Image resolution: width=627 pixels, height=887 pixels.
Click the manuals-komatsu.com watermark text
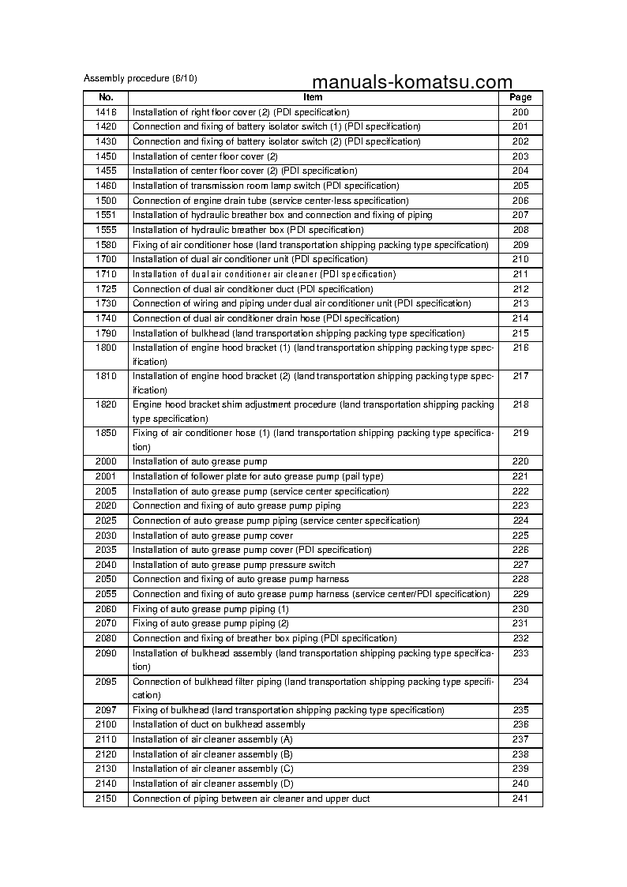click(412, 82)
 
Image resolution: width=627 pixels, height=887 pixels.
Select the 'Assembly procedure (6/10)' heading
click(141, 78)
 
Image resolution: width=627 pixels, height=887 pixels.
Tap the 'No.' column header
click(106, 97)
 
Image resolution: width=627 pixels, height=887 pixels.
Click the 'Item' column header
click(313, 97)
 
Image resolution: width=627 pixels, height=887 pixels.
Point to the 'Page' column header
click(520, 97)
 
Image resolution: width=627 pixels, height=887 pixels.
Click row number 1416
click(106, 112)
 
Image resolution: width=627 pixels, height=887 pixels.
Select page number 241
click(520, 799)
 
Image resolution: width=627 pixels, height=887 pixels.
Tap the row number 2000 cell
click(106, 461)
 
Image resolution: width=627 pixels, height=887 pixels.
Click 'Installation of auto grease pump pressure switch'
click(234, 565)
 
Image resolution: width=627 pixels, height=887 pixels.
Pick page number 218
click(520, 404)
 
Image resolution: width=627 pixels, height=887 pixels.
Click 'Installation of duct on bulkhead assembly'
click(219, 724)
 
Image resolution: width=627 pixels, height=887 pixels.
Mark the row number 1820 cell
click(106, 404)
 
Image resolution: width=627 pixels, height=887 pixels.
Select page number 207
click(520, 215)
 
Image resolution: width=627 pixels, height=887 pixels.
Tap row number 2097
click(106, 710)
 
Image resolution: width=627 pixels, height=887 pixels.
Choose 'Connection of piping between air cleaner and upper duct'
click(251, 799)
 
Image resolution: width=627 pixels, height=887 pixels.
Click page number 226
click(520, 550)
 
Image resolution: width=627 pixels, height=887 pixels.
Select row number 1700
click(106, 259)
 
